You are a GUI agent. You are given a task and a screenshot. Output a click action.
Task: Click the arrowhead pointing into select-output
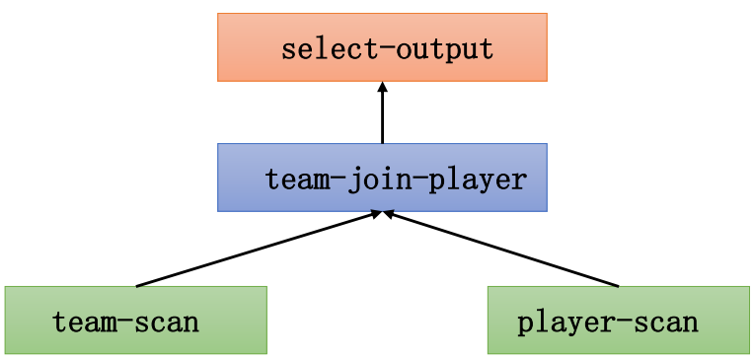[382, 87]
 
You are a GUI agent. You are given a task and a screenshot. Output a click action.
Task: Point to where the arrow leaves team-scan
[137, 286]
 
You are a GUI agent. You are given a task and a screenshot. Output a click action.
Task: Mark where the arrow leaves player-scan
[618, 286]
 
